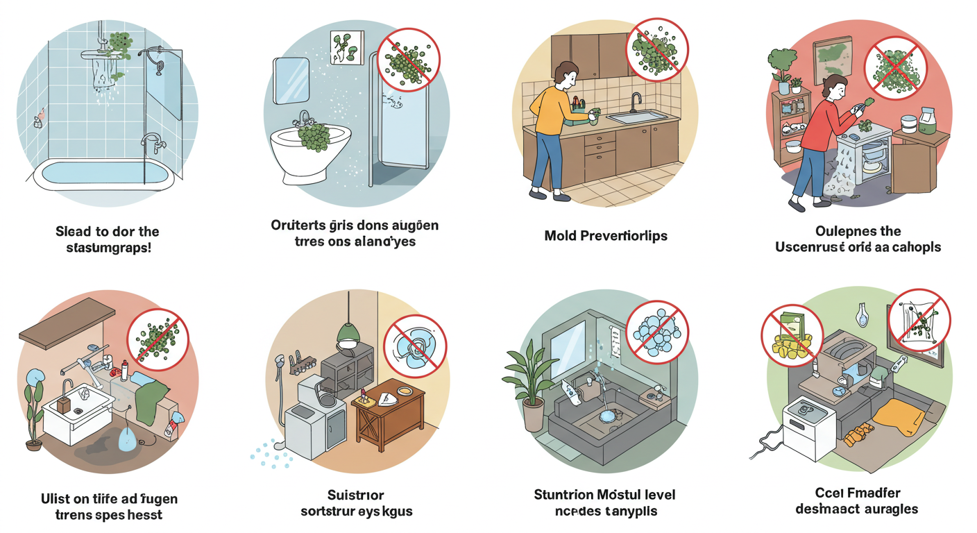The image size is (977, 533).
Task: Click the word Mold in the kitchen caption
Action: click(560, 236)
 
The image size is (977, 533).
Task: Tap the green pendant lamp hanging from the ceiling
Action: click(348, 335)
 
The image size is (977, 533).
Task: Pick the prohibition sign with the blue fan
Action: click(416, 345)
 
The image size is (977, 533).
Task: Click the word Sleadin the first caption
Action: click(77, 231)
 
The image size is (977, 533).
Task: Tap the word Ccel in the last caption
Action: click(829, 493)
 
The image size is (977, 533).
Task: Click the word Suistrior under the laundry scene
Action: click(355, 496)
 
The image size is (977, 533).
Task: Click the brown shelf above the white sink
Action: click(66, 327)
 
